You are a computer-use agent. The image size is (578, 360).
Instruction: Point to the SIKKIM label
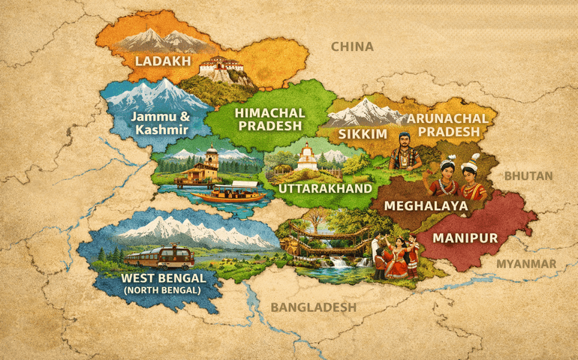tap(362, 133)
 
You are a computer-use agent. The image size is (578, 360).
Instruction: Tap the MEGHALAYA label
tap(426, 205)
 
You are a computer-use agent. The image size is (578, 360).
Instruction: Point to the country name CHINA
tap(352, 46)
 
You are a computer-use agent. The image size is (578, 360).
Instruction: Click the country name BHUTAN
tap(528, 175)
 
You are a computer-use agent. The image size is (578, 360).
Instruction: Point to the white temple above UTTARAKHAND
tap(306, 158)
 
